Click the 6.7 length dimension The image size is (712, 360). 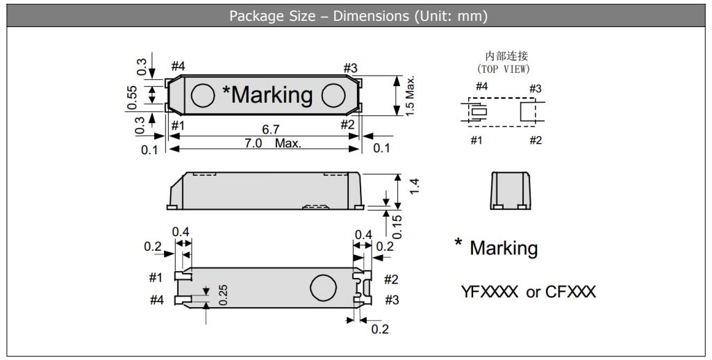click(271, 130)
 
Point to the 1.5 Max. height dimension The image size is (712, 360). click(411, 95)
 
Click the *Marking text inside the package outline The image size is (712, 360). click(267, 95)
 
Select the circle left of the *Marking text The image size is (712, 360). click(202, 95)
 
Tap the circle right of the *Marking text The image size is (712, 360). click(334, 95)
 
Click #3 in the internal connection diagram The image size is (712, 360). click(535, 88)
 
